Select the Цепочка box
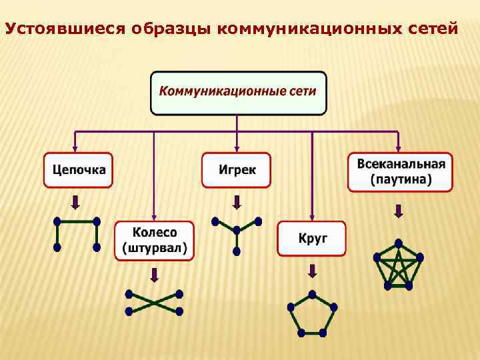coord(79,170)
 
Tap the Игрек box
coord(237,170)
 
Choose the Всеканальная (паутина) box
coord(400,171)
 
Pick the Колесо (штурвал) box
coord(154,241)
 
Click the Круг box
coord(312,239)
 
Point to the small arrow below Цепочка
coord(76,202)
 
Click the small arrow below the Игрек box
coord(237,202)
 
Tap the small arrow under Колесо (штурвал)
coord(154,274)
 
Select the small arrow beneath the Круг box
coord(311,271)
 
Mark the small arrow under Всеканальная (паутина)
coord(399,211)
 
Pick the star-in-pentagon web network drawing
coord(399,265)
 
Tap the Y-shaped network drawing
coord(236,233)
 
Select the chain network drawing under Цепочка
coord(77,233)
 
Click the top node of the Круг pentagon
coord(312,294)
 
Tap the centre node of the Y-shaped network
coord(236,230)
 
